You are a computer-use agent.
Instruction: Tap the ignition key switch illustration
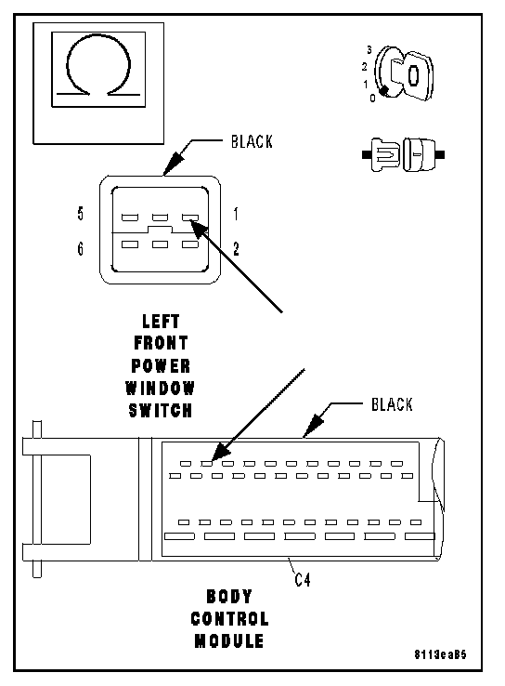point(404,73)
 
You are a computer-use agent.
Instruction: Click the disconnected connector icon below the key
point(403,155)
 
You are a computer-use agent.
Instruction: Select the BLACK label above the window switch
point(252,141)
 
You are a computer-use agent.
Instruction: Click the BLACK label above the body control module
point(392,404)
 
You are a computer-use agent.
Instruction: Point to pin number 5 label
point(81,214)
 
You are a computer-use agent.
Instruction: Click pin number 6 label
point(81,248)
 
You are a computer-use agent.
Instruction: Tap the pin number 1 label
point(236,214)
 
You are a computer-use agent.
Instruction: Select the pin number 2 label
point(236,249)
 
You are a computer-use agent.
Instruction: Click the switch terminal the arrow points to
point(190,218)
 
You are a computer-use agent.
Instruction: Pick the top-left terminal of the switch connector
point(130,218)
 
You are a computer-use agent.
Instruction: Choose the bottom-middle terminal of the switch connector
point(160,244)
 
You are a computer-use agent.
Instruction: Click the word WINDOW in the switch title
point(161,388)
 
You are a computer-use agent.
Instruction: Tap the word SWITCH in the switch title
point(161,410)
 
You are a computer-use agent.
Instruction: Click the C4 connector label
point(303,580)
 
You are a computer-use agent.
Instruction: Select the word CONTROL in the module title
point(230,619)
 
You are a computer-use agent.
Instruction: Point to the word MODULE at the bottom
point(229,641)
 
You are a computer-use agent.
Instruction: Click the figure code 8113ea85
point(440,654)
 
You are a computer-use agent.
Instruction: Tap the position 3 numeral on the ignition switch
point(369,50)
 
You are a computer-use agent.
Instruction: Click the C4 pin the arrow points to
point(207,464)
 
